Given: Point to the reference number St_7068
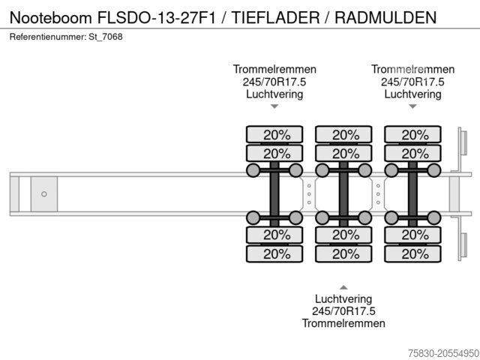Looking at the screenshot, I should click(x=106, y=37).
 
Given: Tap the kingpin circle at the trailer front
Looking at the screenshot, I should click(x=44, y=194).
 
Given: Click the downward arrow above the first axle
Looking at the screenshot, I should click(x=274, y=106).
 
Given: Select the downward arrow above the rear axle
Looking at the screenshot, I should click(x=412, y=106).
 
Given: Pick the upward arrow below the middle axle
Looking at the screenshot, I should click(x=343, y=287).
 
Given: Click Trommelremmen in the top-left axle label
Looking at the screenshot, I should click(x=274, y=69).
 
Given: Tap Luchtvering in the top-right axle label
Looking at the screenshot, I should click(x=412, y=94).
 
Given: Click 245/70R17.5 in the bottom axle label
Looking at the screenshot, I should click(x=343, y=310).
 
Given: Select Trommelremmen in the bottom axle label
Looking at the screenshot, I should click(x=343, y=323).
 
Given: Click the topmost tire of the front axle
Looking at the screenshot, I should click(x=274, y=135).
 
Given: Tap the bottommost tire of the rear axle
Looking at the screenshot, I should click(x=412, y=253).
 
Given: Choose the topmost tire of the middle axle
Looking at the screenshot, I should click(x=343, y=135).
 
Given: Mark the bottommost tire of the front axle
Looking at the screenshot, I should click(x=274, y=253).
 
